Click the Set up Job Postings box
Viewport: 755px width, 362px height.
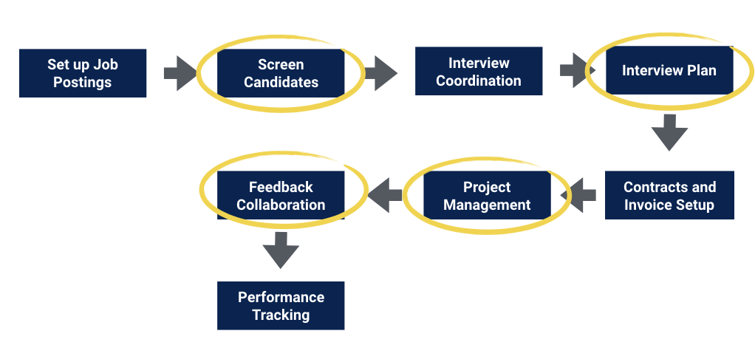pyautogui.click(x=83, y=73)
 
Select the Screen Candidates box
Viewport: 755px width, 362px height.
pyautogui.click(x=281, y=73)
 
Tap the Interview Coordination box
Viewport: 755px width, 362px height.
pyautogui.click(x=479, y=71)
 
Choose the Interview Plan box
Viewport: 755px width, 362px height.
pyautogui.click(x=669, y=70)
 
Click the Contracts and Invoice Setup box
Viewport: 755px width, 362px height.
pyautogui.click(x=669, y=195)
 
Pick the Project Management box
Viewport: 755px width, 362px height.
pyautogui.click(x=487, y=195)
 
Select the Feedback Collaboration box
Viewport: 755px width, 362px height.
pyautogui.click(x=281, y=195)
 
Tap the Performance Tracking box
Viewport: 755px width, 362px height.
pyautogui.click(x=281, y=306)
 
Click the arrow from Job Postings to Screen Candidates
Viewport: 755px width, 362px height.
pyautogui.click(x=180, y=73)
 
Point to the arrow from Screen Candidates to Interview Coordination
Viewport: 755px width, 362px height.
pyautogui.click(x=381, y=73)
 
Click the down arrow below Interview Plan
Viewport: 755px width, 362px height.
pyautogui.click(x=669, y=132)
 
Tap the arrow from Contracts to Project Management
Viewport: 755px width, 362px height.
pyautogui.click(x=578, y=195)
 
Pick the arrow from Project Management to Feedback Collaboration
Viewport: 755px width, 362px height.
pyautogui.click(x=385, y=195)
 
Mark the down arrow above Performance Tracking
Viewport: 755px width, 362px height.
pyautogui.click(x=281, y=250)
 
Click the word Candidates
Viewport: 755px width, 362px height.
pyautogui.click(x=281, y=82)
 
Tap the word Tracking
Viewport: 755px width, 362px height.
pyautogui.click(x=281, y=315)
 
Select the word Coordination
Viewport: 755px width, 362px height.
pyautogui.click(x=479, y=81)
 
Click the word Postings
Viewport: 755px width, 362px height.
pyautogui.click(x=82, y=82)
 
